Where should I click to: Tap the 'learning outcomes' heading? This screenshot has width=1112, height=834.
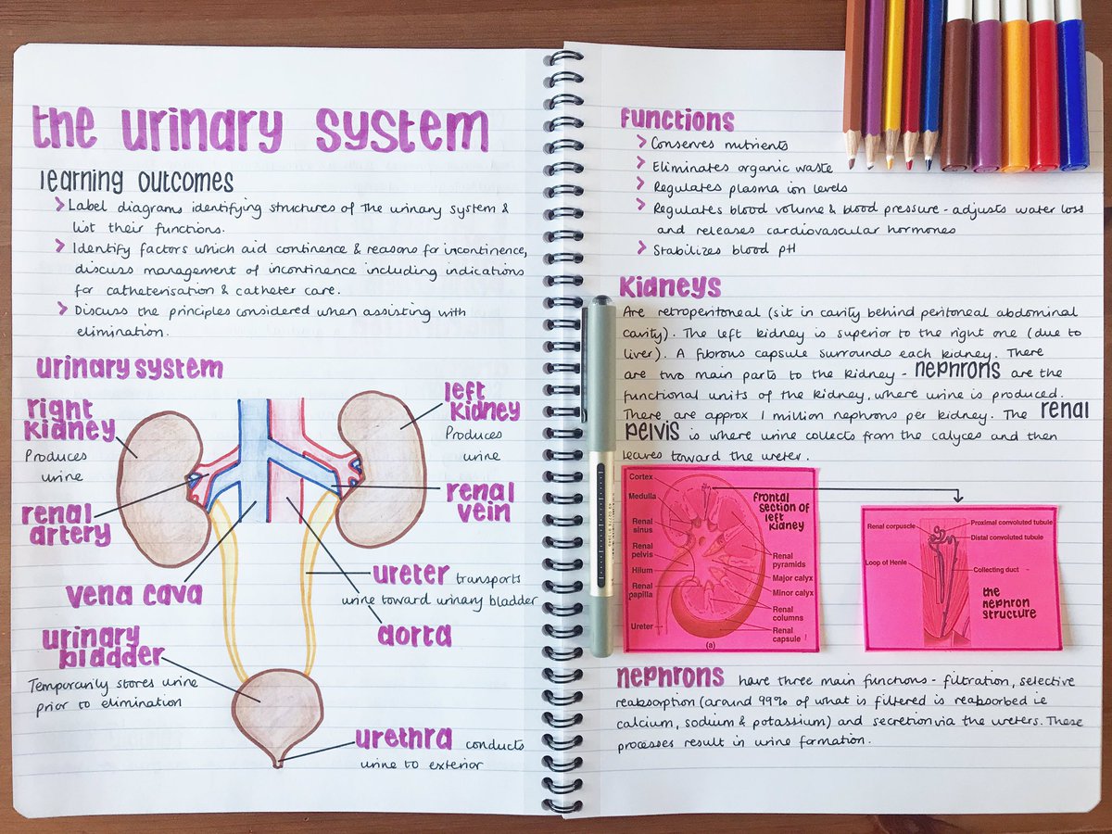click(136, 180)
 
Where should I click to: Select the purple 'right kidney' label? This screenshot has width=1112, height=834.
click(70, 419)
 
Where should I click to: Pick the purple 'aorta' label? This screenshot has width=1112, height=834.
click(414, 635)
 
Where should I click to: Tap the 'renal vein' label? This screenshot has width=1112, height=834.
click(479, 500)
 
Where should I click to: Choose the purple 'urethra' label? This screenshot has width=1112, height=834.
click(404, 739)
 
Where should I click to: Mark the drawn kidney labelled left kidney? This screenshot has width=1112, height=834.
click(382, 463)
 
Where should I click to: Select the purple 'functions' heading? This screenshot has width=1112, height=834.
click(676, 120)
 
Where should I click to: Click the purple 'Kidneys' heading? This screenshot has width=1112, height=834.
click(669, 285)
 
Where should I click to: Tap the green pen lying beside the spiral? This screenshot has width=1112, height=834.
click(602, 473)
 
